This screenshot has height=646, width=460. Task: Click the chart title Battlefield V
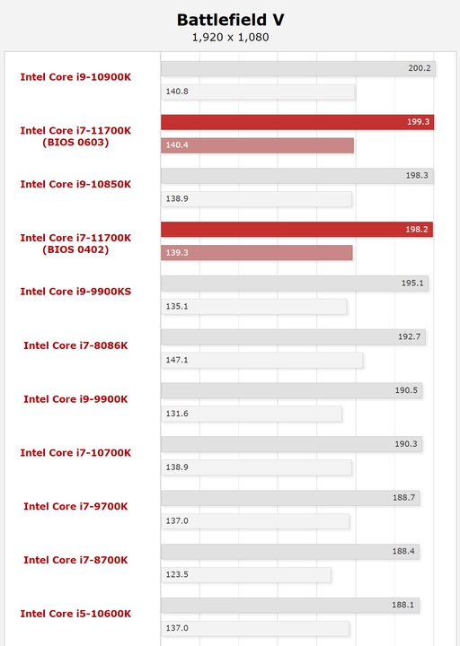point(230,20)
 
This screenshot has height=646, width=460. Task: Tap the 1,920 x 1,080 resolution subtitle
point(230,38)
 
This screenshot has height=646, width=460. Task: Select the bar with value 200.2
point(298,68)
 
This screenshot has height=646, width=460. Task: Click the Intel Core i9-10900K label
point(75,77)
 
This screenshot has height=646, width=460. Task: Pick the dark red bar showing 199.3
point(297,122)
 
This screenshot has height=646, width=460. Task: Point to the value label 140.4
point(177,145)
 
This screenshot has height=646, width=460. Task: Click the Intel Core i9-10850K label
point(75,184)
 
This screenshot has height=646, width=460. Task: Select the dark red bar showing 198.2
point(296,230)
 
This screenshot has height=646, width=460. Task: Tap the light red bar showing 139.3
point(257,252)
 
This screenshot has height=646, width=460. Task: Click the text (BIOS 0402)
point(75,249)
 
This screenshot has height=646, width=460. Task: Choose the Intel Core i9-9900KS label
point(75,292)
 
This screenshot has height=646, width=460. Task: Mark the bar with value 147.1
point(261,360)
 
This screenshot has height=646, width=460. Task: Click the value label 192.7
point(410,336)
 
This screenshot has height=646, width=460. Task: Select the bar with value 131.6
point(252,414)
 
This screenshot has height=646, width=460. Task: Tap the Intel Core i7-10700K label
point(75,453)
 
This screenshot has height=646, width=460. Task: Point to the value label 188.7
point(403,498)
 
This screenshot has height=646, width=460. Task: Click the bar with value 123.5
point(246,575)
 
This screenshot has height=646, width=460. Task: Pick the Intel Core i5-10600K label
point(75,614)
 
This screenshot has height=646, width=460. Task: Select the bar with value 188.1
point(289,606)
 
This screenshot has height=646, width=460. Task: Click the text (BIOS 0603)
point(75,143)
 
